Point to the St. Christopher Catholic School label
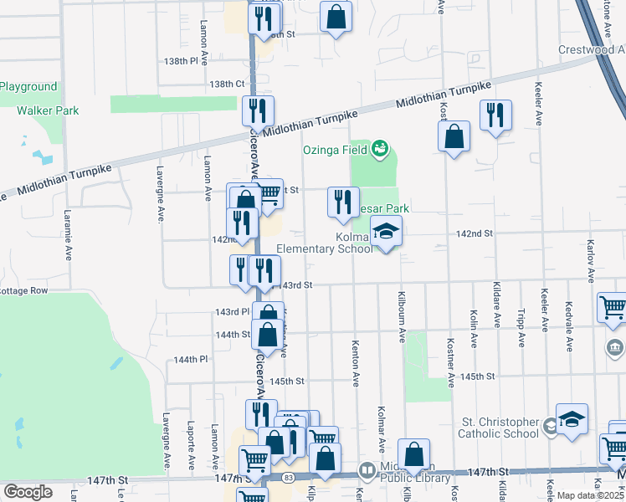[499, 428]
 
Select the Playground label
[29, 87]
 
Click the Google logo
[28, 492]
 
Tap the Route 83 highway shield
[287, 476]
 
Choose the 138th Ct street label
[227, 85]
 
